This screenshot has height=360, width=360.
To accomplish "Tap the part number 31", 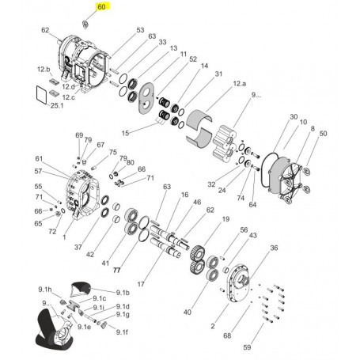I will coord(219,74).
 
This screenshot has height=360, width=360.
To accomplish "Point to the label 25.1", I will coord(57,106).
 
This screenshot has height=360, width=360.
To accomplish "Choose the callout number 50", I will coord(323,135).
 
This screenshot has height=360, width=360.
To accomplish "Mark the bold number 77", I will coord(116,270).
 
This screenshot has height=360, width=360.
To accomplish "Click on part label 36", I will coord(274,248).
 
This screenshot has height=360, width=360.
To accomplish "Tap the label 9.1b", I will coord(123,293).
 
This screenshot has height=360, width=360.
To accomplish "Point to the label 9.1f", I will coord(122,332).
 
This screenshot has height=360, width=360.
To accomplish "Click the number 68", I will coord(227,335).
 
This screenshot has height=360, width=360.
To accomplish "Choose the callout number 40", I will coord(188,312).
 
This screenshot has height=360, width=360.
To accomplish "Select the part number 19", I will coord(225,219).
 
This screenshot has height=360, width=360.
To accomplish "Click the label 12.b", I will coord(44,70).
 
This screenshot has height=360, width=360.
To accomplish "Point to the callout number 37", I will coord(78,247).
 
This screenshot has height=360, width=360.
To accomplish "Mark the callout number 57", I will coord(37,171).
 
